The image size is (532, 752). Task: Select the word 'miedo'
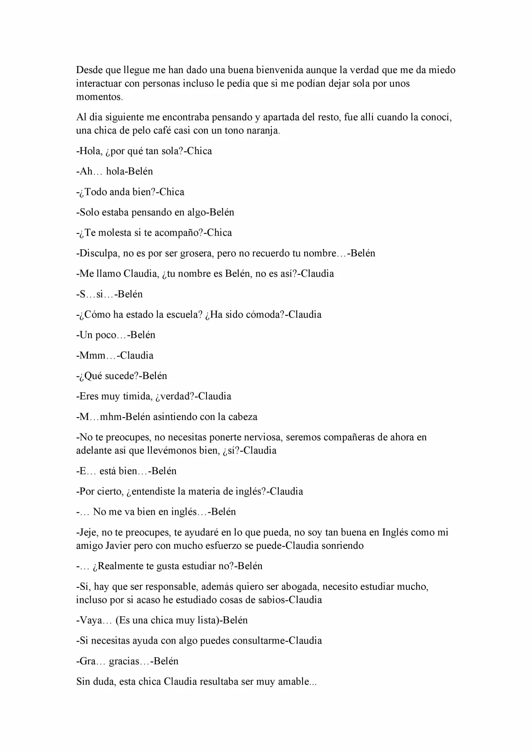click(x=442, y=70)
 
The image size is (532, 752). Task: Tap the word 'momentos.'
click(x=100, y=97)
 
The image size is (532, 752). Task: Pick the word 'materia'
click(x=204, y=492)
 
